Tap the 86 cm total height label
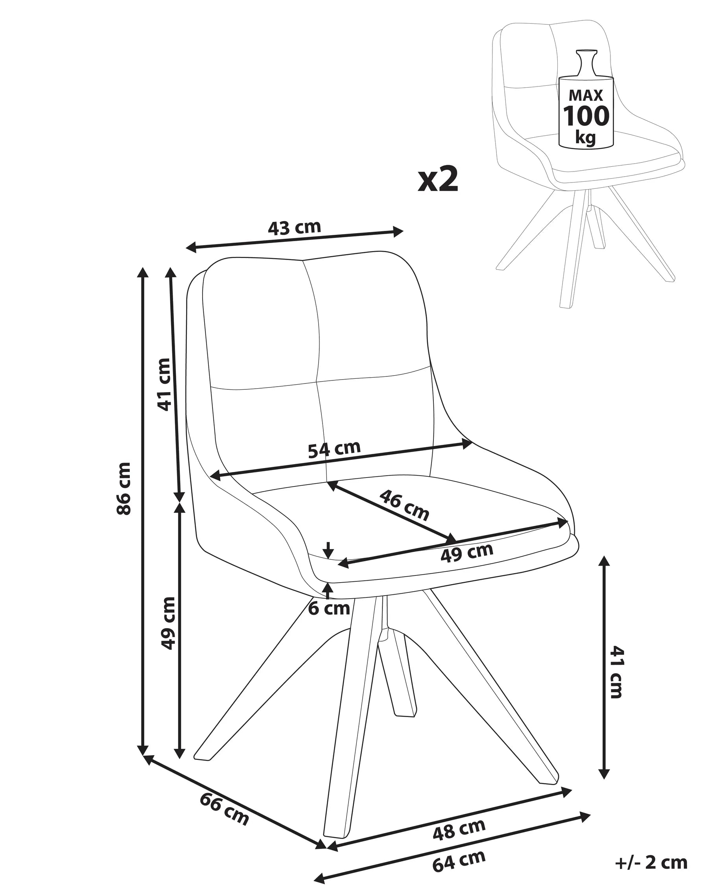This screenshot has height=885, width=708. (124, 488)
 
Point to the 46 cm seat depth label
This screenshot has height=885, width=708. (404, 505)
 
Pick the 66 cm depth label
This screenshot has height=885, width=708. (224, 809)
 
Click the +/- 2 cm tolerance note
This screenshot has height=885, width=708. (651, 863)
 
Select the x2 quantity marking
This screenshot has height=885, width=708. (438, 180)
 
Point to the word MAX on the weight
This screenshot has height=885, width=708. (586, 95)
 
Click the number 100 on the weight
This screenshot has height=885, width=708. (586, 116)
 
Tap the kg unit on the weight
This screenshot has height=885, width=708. (586, 137)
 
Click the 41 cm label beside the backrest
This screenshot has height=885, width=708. (164, 384)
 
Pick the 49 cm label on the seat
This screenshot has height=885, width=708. (466, 553)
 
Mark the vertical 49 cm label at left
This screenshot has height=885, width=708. (168, 623)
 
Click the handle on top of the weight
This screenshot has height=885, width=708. (586, 63)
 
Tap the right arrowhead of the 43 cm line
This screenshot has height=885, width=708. (398, 232)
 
